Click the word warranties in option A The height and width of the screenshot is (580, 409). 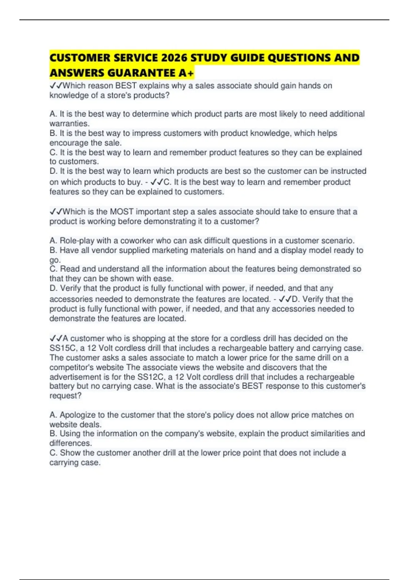click(69, 124)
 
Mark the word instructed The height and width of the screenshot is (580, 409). click(348, 171)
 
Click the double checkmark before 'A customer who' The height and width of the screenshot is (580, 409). click(56, 338)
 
